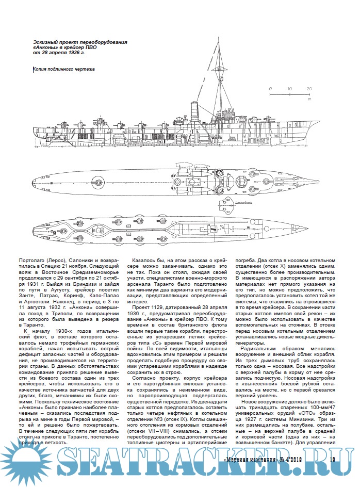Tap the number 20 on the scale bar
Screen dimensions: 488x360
coord(308,89)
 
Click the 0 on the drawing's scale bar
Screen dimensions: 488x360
coord(270,89)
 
